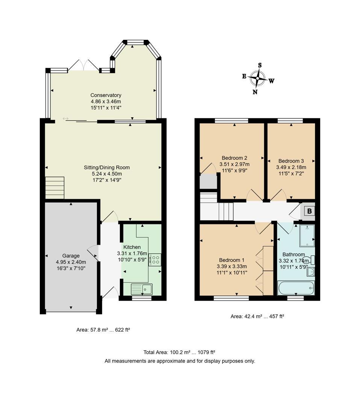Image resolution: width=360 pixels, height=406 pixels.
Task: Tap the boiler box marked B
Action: click(x=309, y=211)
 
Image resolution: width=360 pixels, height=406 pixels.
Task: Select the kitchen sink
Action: click(x=142, y=289)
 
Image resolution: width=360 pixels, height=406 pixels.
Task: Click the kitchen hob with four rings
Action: click(x=155, y=260)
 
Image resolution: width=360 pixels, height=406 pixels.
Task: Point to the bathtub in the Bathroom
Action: click(x=296, y=289)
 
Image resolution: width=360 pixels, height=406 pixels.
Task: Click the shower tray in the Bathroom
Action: click(x=307, y=235)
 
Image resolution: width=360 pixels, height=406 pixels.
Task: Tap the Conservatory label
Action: click(x=106, y=95)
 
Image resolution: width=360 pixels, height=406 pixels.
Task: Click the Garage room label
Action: click(x=71, y=256)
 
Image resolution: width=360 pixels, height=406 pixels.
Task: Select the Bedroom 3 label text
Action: click(x=291, y=161)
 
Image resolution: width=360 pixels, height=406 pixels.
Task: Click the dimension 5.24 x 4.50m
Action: click(x=107, y=174)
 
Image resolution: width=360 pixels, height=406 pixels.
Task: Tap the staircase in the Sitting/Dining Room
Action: click(x=54, y=188)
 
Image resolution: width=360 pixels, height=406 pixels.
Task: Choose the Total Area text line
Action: click(x=179, y=352)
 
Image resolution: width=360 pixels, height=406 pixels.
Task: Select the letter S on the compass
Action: click(x=260, y=65)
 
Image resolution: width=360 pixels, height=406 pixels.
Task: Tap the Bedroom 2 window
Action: click(x=231, y=121)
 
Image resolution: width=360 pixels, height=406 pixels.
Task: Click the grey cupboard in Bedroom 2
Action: click(x=208, y=182)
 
